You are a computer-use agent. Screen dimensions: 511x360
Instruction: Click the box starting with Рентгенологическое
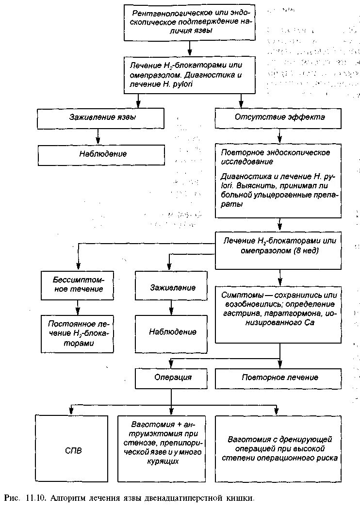189,22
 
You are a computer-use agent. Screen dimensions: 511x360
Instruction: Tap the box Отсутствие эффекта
279,117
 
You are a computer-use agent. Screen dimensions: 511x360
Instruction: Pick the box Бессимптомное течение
78,284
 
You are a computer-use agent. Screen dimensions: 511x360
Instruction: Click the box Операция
173,378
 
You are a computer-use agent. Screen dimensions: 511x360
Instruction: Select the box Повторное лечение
279,378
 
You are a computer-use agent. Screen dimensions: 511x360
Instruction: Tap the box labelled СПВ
73,450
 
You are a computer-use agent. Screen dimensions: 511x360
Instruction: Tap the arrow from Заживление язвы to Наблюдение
99,136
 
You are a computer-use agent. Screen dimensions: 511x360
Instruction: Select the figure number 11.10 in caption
36,498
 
